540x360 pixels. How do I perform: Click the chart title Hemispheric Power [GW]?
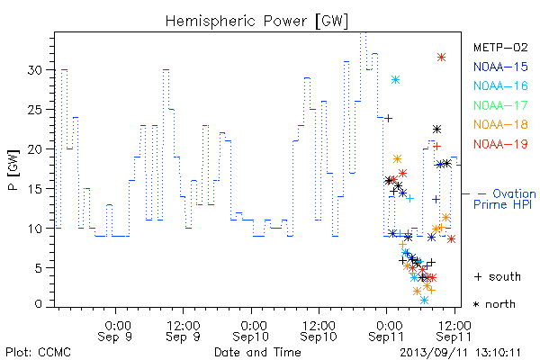[x=256, y=22]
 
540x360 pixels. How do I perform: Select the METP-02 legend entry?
[x=500, y=47]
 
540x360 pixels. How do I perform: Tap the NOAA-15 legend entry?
[x=500, y=67]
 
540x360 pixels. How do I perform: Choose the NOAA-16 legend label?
[x=500, y=85]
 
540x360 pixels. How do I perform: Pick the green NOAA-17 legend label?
[x=500, y=105]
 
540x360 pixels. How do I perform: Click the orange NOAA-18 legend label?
[x=500, y=124]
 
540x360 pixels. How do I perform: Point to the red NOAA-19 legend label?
[x=500, y=144]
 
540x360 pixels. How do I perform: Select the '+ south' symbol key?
[x=498, y=276]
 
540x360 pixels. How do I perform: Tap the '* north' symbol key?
[x=494, y=304]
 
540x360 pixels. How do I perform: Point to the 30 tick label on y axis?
[x=34, y=70]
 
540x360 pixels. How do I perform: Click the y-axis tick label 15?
[x=34, y=189]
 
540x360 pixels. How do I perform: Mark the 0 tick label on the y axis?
[x=38, y=304]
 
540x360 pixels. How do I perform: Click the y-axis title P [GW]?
[x=13, y=170]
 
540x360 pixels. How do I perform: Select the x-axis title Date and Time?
[x=257, y=352]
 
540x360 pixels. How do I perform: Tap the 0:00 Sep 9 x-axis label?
[x=115, y=331]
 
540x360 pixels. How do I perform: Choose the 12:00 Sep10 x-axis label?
[x=319, y=331]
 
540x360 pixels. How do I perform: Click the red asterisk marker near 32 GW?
[x=442, y=58]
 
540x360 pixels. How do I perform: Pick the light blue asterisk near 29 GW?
[x=395, y=79]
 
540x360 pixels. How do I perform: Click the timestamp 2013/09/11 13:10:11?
[x=460, y=353]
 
